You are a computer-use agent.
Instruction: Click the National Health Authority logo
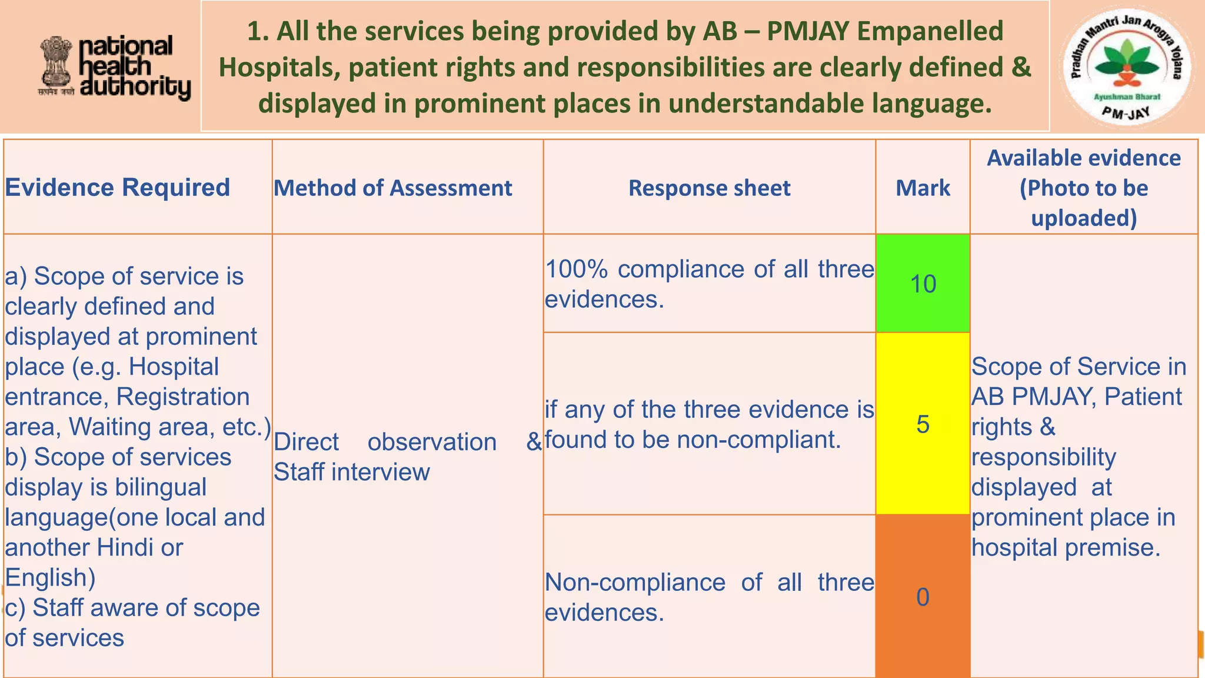coord(115,68)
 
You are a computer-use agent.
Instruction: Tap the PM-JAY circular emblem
coord(1127,68)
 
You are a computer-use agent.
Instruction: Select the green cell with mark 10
coord(923,284)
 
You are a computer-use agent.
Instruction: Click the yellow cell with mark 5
coord(923,424)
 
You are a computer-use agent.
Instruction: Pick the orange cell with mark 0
coord(923,597)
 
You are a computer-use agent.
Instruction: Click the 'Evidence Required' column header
coord(118,188)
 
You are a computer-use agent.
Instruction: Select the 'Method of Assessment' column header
coord(393,188)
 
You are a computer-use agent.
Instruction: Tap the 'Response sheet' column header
coord(709,188)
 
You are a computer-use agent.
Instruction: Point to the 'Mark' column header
coord(923,188)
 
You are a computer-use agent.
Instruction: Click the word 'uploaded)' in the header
coord(1084,218)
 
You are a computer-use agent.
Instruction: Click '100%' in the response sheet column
coord(576,270)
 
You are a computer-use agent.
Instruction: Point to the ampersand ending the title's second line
coord(1022,67)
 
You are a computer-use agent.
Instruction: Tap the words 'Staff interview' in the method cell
coord(352,472)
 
